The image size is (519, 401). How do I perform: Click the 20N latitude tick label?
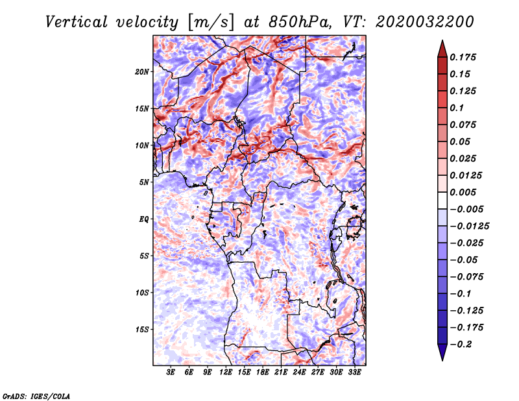142,72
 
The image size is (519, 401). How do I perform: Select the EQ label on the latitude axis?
143,219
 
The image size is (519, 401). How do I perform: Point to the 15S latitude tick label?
142,330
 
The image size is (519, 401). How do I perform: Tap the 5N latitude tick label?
144,182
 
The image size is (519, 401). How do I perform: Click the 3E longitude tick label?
170,372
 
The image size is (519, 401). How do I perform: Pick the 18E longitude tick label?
262,372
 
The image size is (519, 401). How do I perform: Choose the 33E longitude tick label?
354,372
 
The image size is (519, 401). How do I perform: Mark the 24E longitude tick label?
299,372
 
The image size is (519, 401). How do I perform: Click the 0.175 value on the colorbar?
463,57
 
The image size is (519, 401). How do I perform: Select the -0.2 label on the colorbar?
461,345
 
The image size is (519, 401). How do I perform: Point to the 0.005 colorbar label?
463,192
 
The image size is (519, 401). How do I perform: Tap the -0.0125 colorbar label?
469,226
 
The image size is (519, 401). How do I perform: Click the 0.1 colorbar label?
457,108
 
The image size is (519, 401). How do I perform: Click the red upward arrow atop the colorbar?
442,49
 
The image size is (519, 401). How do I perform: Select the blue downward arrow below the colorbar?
442,352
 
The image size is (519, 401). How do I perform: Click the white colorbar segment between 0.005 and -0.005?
442,200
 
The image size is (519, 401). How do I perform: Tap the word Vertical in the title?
77,22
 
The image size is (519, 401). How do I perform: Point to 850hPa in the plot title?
300,22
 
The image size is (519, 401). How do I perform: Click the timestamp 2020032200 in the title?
424,22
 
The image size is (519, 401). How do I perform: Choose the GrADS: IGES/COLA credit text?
36,396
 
